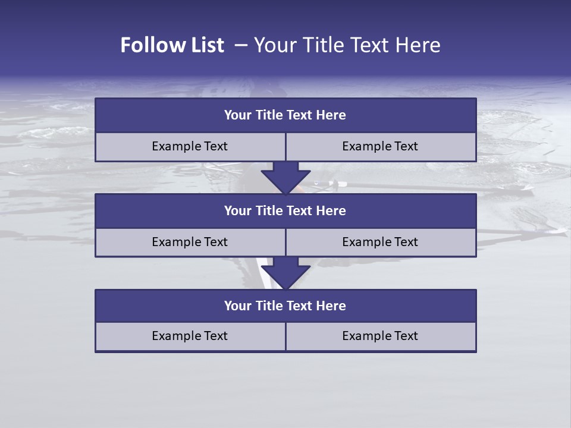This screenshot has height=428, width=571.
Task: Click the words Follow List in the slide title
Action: pyautogui.click(x=172, y=45)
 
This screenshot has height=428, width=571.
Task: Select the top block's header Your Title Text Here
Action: pyautogui.click(x=285, y=115)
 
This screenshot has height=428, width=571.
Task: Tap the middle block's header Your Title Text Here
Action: pyautogui.click(x=285, y=210)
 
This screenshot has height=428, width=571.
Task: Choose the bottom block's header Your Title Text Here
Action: pyautogui.click(x=285, y=306)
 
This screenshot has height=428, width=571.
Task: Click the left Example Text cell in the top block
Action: pyautogui.click(x=190, y=146)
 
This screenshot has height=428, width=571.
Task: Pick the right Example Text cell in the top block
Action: pyautogui.click(x=380, y=146)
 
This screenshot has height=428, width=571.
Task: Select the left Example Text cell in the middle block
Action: pyautogui.click(x=190, y=242)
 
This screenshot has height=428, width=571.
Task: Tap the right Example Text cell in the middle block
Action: pyautogui.click(x=380, y=242)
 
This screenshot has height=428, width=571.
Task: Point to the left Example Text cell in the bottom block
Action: pyautogui.click(x=190, y=336)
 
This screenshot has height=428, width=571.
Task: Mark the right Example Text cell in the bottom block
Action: pyautogui.click(x=380, y=336)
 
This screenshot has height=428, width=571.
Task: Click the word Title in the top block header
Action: pyautogui.click(x=269, y=115)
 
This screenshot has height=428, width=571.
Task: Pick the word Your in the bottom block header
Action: pyautogui.click(x=237, y=306)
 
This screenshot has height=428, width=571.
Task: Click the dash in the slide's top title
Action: pyautogui.click(x=241, y=45)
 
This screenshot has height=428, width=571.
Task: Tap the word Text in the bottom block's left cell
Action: pyautogui.click(x=215, y=336)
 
